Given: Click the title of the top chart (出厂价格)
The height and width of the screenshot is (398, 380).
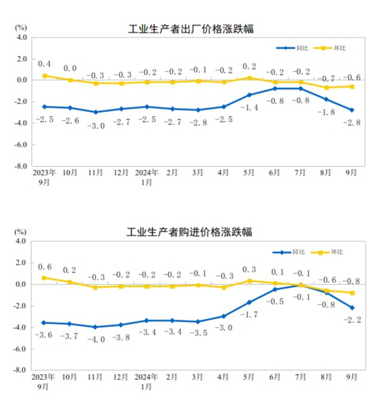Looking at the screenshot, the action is point(191,29).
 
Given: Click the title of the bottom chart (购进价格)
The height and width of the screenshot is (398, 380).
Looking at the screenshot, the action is point(189,232).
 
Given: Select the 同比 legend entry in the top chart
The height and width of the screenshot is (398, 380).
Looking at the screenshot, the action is point(292,48).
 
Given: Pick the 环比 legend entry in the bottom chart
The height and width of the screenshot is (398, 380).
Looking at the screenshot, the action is point(327,252).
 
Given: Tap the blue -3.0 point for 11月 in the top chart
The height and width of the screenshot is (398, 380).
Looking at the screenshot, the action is point(96,112).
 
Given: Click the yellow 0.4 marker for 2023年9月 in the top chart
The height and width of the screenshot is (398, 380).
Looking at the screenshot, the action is point(45,76).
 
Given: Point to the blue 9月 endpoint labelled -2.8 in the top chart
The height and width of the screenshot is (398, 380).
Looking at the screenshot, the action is point(352,110).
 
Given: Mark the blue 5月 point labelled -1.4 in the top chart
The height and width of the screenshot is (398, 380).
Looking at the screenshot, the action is point(250,95).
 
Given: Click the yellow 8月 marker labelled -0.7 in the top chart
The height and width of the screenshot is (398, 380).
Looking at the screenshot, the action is point(327,88).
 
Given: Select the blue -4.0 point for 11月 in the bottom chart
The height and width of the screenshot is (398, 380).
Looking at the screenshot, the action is point(95,327).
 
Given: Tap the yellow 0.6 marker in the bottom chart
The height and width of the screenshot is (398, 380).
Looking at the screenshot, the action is point(44,278).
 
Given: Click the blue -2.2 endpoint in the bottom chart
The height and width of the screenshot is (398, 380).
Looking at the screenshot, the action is point(352,308).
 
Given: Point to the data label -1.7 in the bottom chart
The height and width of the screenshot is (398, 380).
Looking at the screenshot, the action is point(249,315).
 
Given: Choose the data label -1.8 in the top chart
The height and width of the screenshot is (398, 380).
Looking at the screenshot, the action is point(326,112).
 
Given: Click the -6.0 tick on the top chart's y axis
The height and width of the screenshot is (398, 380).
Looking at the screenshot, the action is point(21,144).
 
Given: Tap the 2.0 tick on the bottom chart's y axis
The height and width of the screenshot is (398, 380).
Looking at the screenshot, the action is point(21,262).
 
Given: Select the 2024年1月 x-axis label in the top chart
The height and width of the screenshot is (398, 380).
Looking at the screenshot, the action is point(146,177).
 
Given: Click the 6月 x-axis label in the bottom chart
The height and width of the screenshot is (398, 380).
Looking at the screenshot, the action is point(275,377).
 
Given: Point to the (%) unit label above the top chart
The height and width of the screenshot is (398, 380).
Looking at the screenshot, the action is point(21,28).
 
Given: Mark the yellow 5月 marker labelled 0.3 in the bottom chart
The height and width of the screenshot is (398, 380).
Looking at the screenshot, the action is point(250,281).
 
